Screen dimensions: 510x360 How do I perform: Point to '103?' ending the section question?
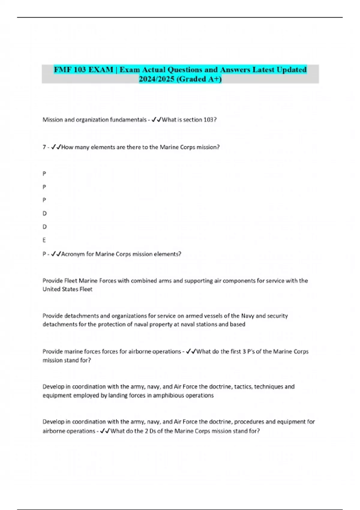(x=210, y=120)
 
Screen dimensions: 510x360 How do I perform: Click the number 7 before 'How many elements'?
(x=44, y=147)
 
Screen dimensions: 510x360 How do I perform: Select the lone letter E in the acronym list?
(x=44, y=240)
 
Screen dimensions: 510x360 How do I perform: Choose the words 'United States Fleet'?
(x=67, y=289)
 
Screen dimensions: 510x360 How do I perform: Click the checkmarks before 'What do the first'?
(x=191, y=352)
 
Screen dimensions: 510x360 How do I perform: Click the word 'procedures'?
(x=249, y=422)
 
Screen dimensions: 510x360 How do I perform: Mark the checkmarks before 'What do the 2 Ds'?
(x=105, y=431)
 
